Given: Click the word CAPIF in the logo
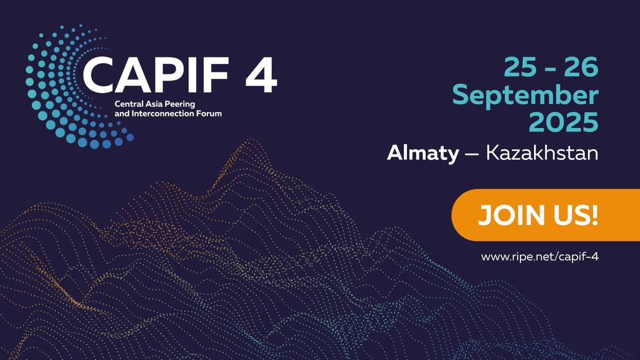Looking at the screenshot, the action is coord(155,75).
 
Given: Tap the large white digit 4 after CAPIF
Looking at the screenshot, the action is coord(261,75).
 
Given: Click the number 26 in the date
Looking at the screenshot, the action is coord(581,67).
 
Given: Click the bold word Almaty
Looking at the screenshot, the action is coord(422,153).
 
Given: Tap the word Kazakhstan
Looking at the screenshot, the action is coord(542,153).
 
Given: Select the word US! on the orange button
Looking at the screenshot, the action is coord(575,215).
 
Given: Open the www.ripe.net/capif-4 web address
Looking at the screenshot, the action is coord(539,256).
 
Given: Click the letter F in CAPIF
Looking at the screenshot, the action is coord(217,75).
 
